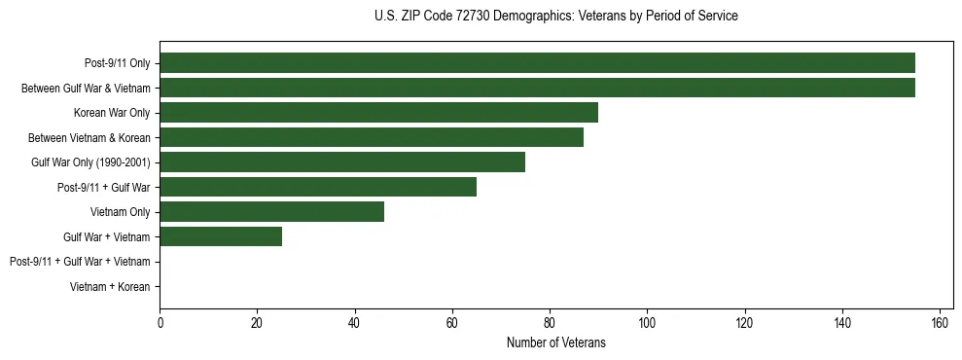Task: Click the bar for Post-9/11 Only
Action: pos(537,63)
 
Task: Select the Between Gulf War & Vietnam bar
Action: pos(537,88)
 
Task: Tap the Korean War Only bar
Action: pos(378,113)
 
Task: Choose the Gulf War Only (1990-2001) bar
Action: pos(342,162)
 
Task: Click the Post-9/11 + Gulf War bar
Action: pos(318,187)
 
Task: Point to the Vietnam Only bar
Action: pos(271,211)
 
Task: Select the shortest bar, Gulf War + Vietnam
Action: pos(221,236)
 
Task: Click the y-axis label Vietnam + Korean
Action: pos(110,287)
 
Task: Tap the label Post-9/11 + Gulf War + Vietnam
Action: pos(80,262)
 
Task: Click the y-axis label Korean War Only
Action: pos(112,113)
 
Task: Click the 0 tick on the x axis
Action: pos(160,323)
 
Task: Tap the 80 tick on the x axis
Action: pos(550,323)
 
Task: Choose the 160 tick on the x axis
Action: pos(940,323)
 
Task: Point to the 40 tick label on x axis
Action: pos(355,323)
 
